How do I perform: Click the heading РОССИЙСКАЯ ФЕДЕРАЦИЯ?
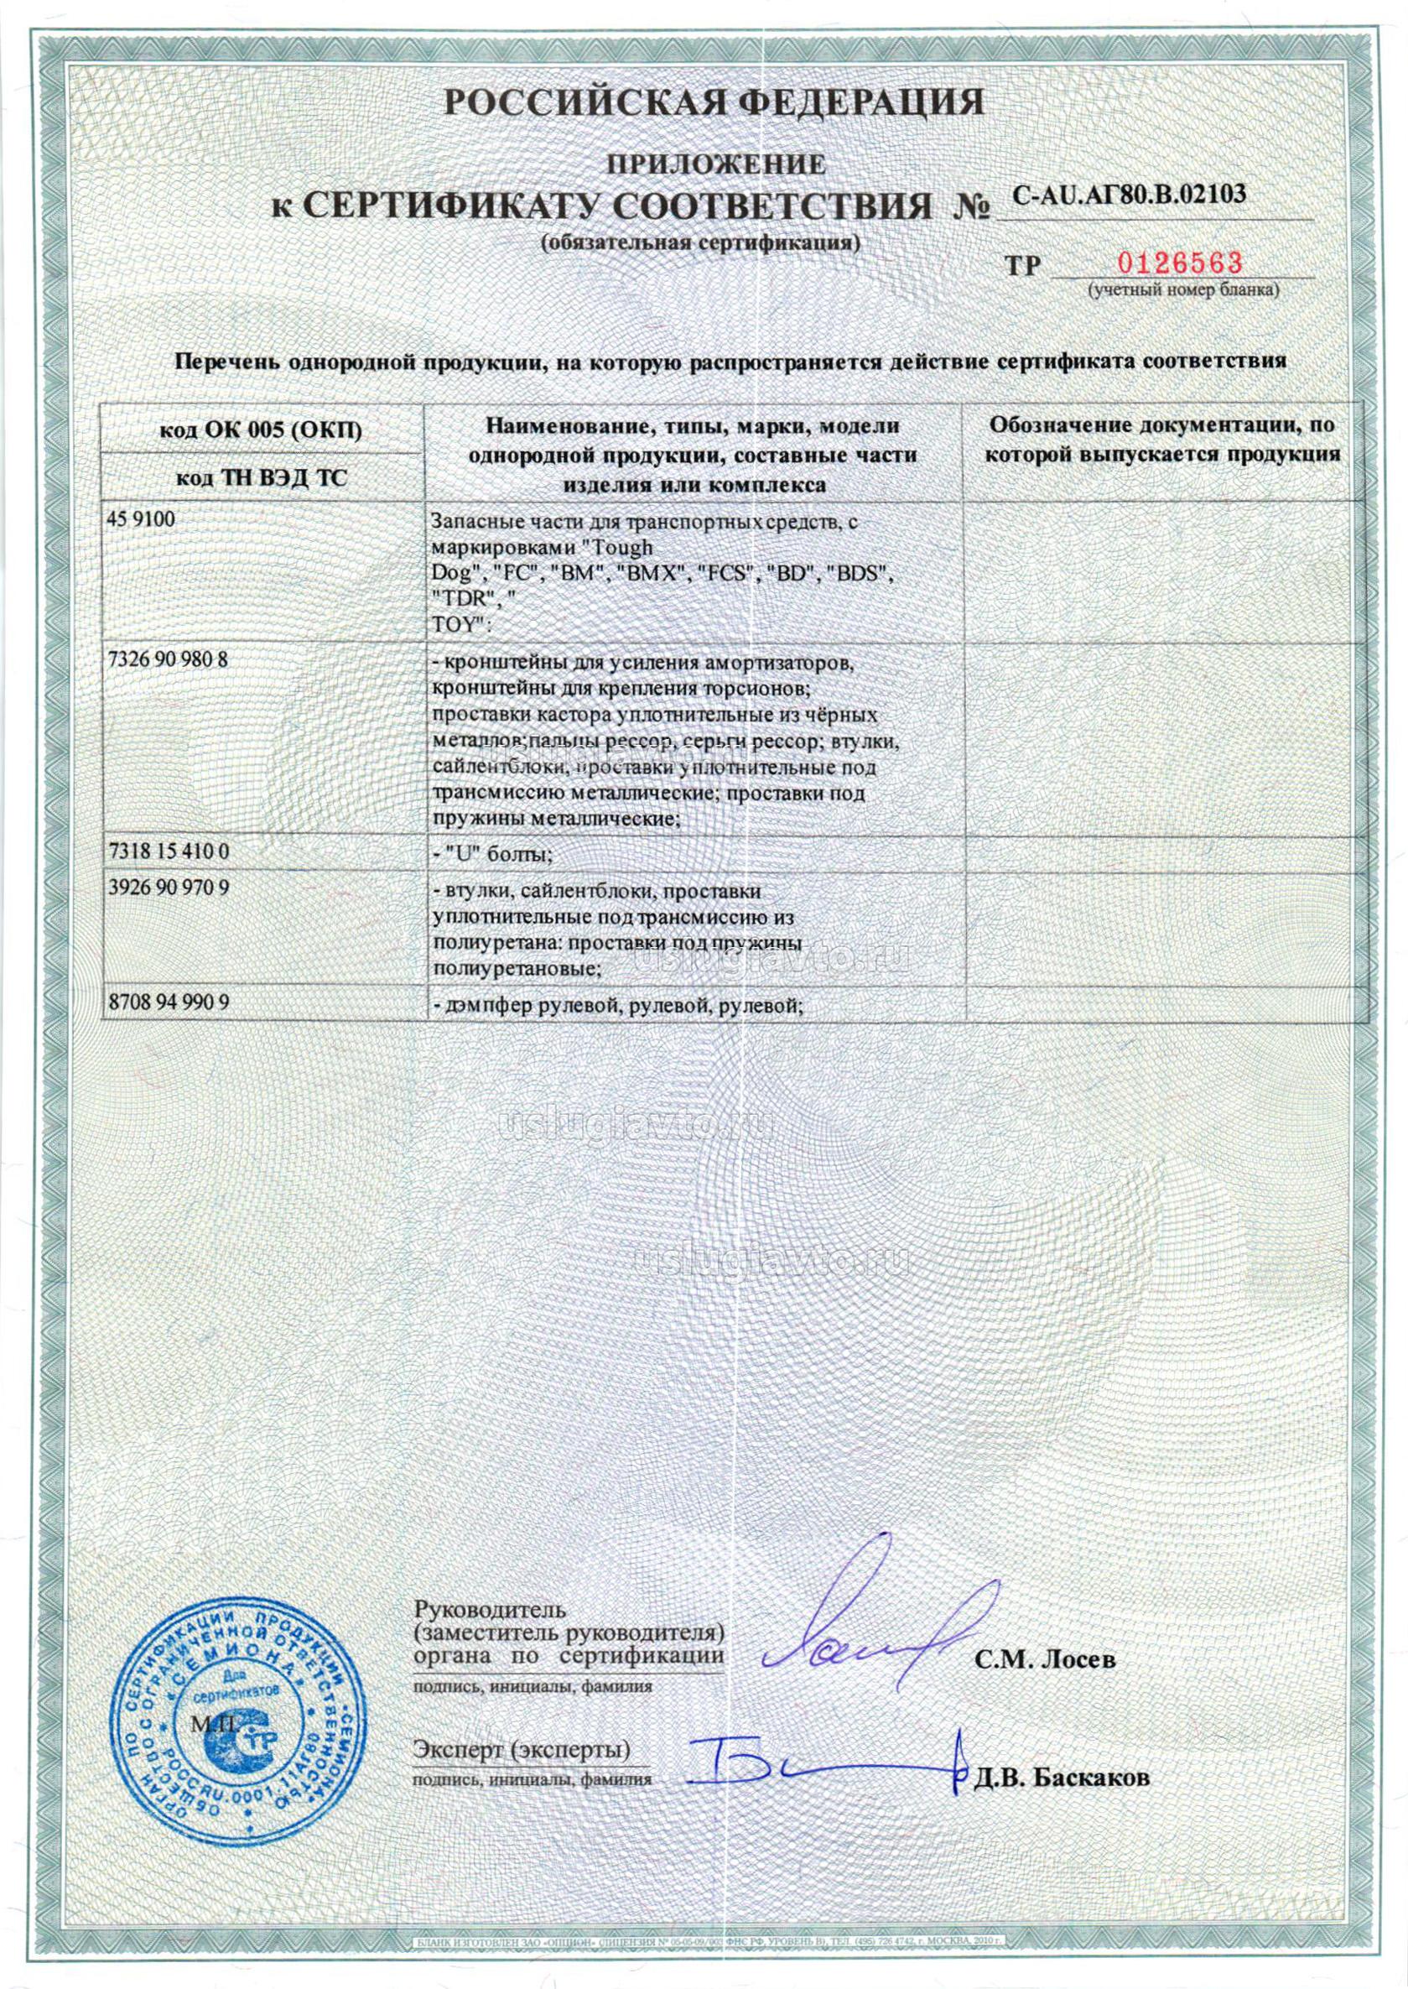[x=714, y=103]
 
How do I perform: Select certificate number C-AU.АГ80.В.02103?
[x=1130, y=195]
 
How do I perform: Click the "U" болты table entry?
[x=492, y=855]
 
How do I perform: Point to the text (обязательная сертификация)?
[x=700, y=243]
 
